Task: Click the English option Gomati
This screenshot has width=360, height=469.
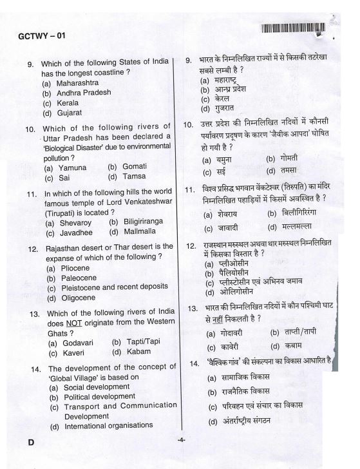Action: (x=133, y=166)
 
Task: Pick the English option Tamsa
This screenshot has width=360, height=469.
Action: (x=133, y=176)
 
